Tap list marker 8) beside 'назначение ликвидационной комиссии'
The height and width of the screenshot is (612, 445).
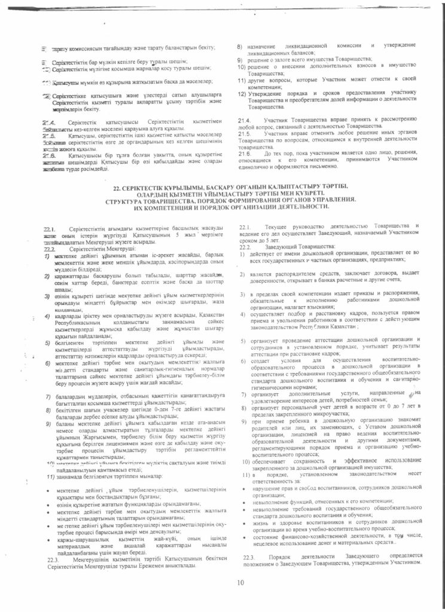tap(240, 46)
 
